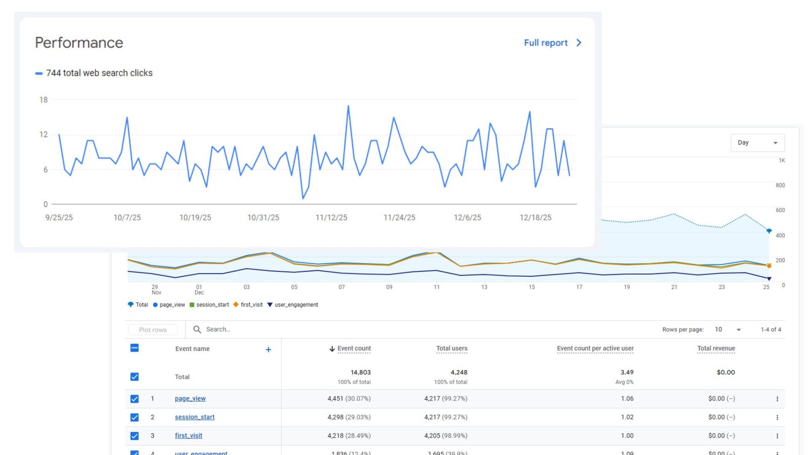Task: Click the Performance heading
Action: (x=79, y=43)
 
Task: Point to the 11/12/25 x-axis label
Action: (x=331, y=217)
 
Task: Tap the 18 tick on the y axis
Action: (x=43, y=100)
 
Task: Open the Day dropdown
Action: (x=757, y=143)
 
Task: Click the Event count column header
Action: (x=353, y=348)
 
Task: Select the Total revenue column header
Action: (x=715, y=348)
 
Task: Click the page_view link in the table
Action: (x=190, y=398)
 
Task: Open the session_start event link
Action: (x=195, y=417)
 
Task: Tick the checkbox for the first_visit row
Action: (x=134, y=436)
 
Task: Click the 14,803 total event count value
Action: (x=361, y=373)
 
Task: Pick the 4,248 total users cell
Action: (x=459, y=373)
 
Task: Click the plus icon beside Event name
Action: (x=268, y=349)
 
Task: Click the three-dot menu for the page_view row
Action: (x=777, y=399)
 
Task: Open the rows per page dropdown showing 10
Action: (x=728, y=330)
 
